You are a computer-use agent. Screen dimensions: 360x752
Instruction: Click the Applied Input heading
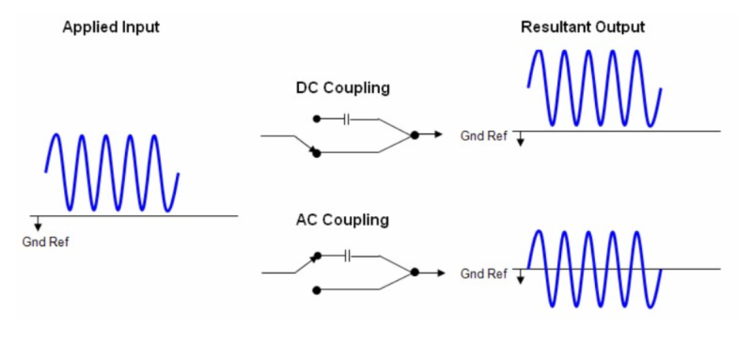(110, 27)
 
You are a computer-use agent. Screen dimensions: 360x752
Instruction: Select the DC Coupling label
(342, 89)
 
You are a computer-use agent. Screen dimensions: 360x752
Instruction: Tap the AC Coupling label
(341, 221)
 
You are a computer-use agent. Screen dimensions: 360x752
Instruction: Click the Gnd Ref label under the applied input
(45, 242)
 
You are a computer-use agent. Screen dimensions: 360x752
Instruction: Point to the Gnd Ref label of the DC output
(483, 136)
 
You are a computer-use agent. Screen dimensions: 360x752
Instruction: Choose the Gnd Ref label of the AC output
(483, 274)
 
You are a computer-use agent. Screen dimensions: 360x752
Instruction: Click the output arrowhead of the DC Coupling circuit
(437, 135)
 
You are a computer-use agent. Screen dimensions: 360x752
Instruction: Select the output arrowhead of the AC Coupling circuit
(437, 273)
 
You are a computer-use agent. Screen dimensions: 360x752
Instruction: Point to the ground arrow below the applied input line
(38, 224)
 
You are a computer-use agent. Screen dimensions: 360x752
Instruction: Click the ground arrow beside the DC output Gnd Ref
(519, 139)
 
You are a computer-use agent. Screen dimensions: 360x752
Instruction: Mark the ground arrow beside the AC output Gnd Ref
(519, 276)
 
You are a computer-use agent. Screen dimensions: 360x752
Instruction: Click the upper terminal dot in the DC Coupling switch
(317, 119)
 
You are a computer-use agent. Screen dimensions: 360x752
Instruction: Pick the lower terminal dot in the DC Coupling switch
(317, 152)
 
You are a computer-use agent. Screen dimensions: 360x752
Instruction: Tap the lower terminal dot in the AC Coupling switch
(317, 289)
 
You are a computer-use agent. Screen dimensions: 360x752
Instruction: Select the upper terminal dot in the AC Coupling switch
(317, 255)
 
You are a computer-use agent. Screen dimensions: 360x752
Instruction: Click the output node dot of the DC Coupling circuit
(415, 135)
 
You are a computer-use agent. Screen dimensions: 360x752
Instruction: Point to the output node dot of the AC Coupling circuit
(415, 273)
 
